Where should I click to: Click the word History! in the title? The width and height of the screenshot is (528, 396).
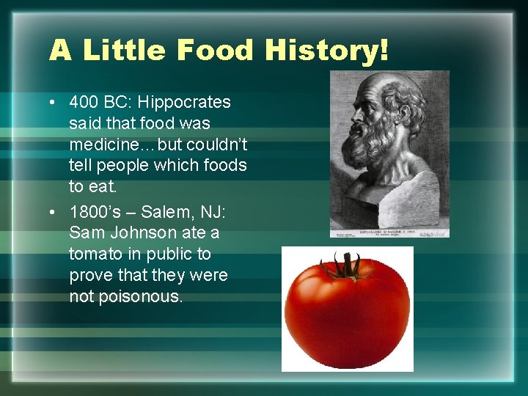pos(327,51)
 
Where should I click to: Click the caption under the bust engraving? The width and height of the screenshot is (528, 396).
pos(389,232)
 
